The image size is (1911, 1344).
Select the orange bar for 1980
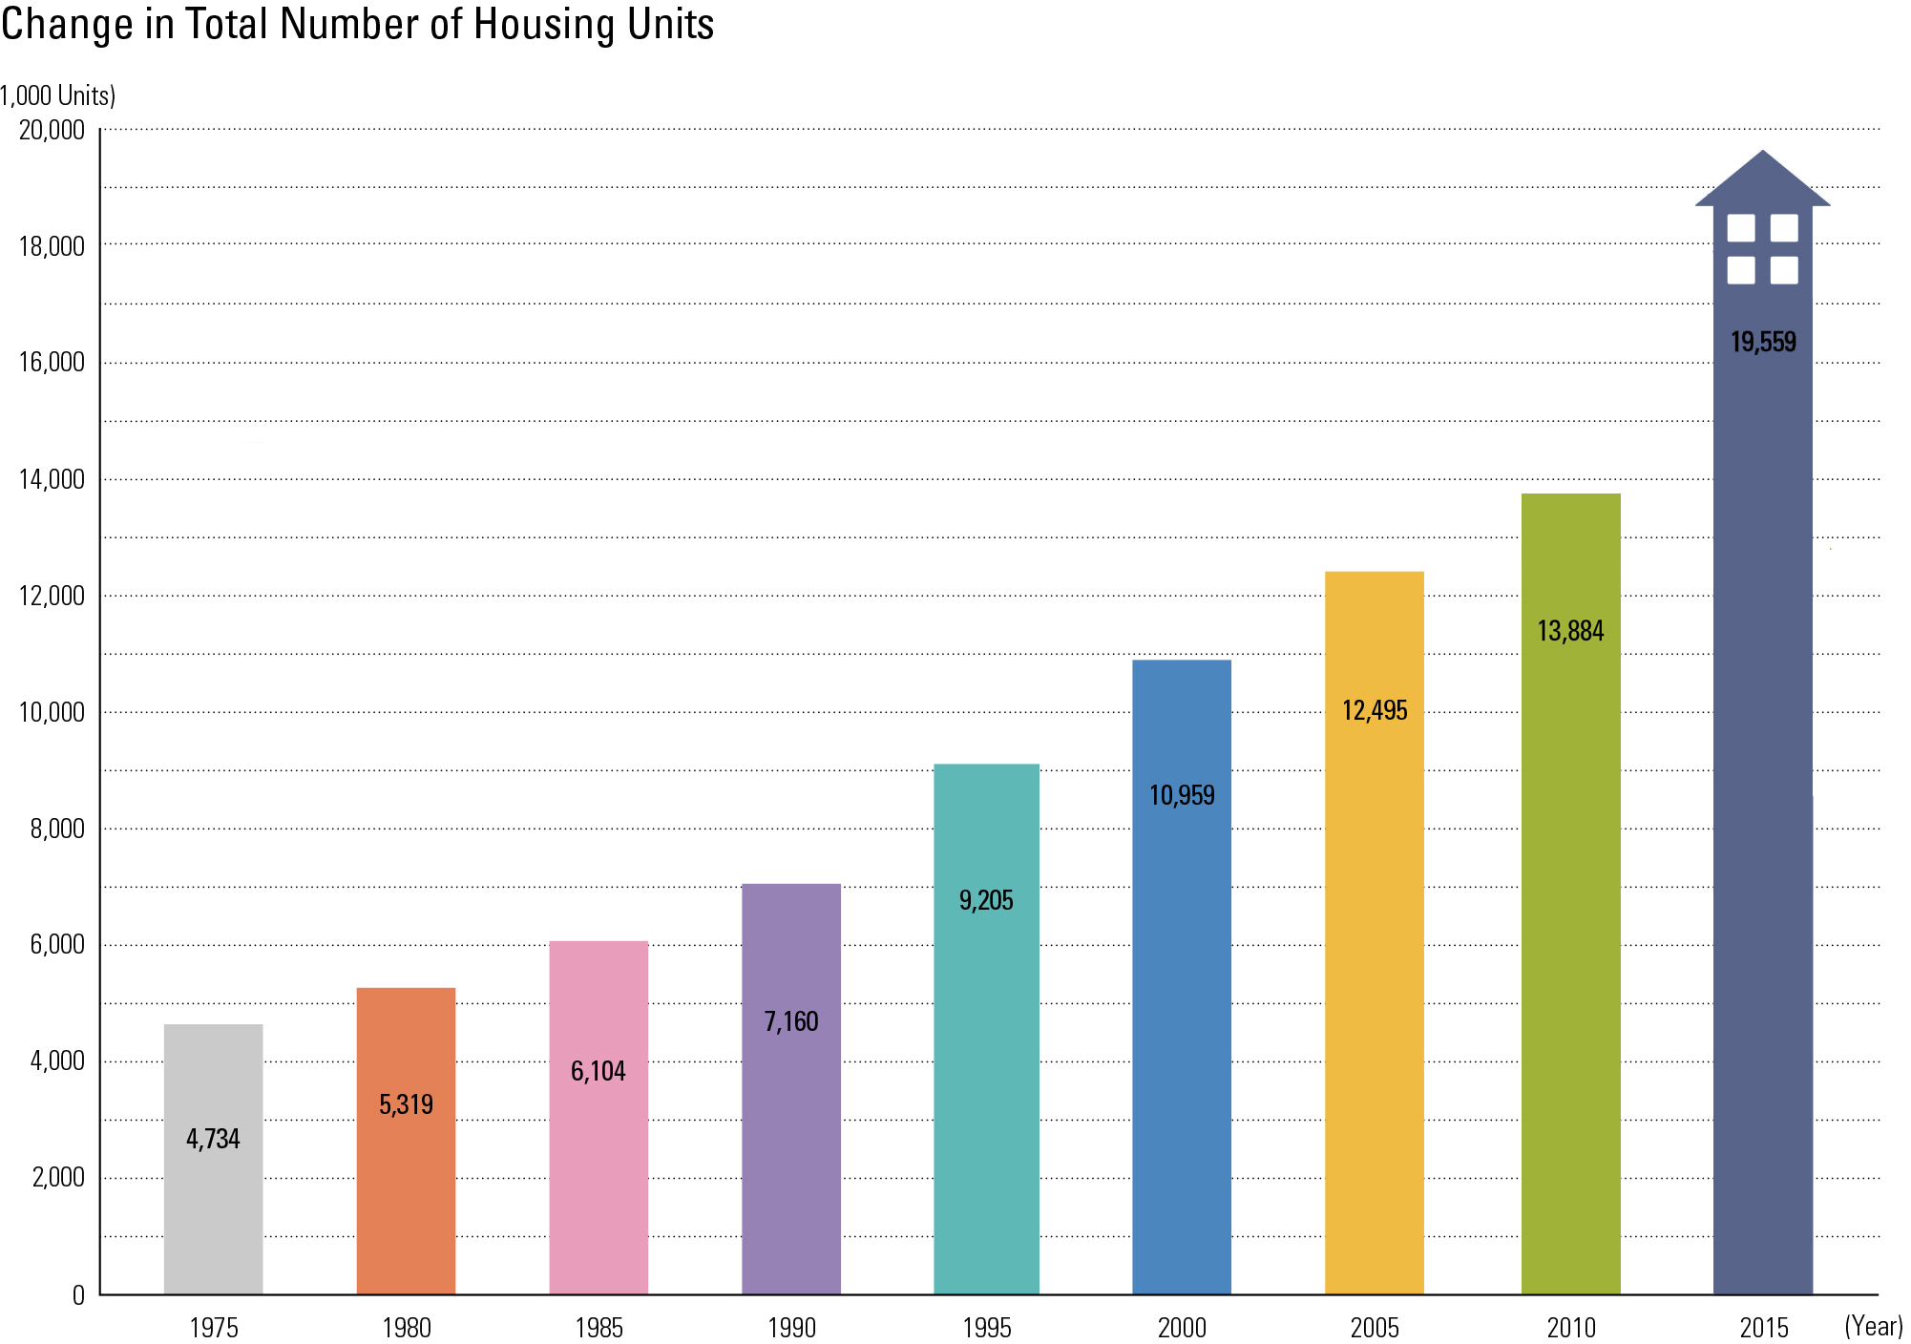406,1193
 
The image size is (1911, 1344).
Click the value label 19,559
1763,342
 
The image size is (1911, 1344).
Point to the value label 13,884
1570,631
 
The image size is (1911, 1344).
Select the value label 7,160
791,1021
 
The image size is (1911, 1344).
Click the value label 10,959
1182,795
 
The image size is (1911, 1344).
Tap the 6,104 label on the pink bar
598,1071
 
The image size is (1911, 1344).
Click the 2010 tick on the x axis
1570,1327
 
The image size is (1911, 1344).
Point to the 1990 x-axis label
791,1327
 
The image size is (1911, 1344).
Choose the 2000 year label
1182,1327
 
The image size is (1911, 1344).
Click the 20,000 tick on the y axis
52,130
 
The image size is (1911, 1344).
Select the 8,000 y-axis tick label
57,829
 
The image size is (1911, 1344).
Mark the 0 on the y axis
78,1295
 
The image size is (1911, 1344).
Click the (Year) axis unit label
1873,1325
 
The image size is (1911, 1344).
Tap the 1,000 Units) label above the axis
57,95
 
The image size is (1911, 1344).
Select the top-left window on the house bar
1741,227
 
